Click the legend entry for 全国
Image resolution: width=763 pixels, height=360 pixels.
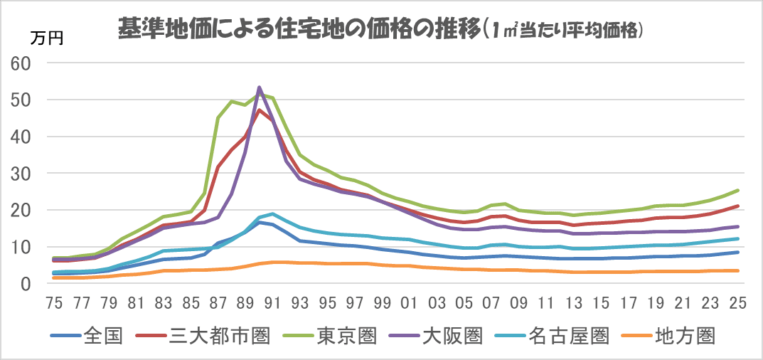[88, 335]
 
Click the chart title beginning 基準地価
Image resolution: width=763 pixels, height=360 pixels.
[380, 28]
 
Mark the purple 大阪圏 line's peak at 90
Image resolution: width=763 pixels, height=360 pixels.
[259, 87]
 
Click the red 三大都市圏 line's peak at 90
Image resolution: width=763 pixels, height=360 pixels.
[259, 110]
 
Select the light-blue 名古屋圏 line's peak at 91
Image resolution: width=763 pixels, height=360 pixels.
[272, 213]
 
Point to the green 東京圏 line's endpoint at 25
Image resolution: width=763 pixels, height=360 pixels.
[737, 190]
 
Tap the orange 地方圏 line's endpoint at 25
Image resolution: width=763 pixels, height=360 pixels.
[737, 270]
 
